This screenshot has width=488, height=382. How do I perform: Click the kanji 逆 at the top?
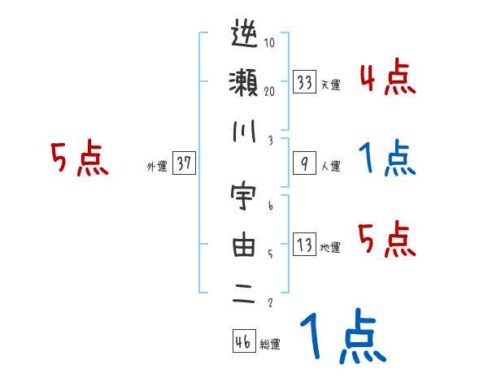pos(244,37)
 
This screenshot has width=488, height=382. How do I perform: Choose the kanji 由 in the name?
pos(244,245)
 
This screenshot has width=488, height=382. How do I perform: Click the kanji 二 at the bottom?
pos(244,293)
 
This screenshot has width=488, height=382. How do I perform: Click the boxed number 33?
pos(305,83)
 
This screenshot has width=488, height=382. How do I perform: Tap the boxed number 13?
pos(305,245)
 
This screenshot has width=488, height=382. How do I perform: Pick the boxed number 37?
pos(184,164)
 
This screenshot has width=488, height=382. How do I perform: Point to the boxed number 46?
pos(243,341)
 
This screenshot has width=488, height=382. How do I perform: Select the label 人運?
pos(330,167)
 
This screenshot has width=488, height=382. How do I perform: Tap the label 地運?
pos(330,248)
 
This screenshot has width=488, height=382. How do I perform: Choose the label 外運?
pos(156,167)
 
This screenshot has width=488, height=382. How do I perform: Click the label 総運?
pos(270,345)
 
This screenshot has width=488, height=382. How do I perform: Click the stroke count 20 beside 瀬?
pos(269,92)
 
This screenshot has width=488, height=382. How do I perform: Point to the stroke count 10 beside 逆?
pos(269,43)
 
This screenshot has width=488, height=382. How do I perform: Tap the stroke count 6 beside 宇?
pos(269,206)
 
